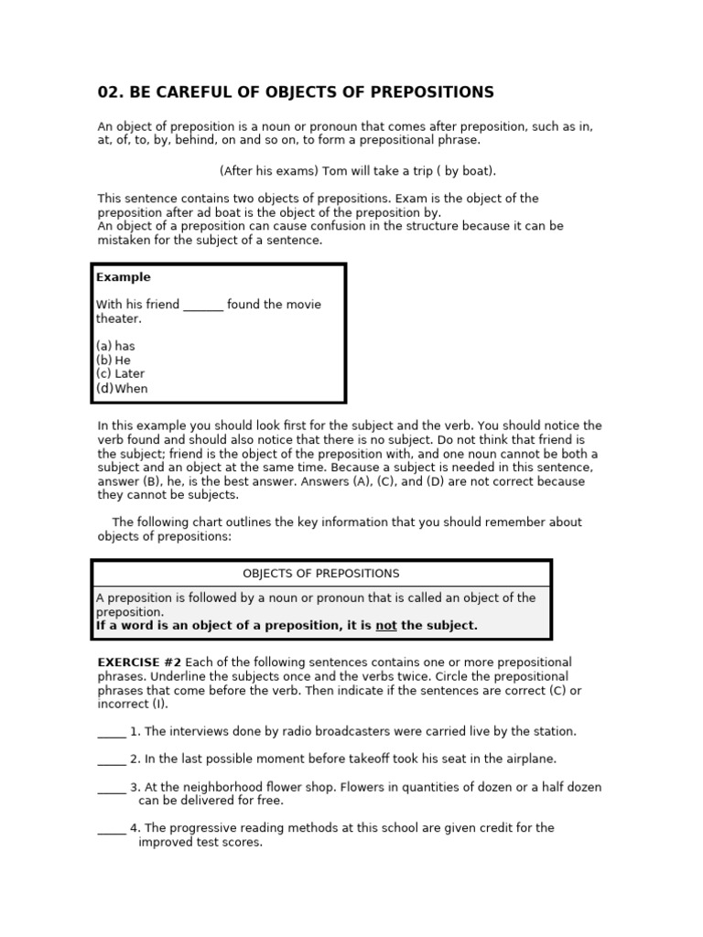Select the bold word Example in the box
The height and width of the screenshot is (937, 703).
click(124, 277)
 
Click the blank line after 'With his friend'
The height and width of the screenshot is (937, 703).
click(203, 306)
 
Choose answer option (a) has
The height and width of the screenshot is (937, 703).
click(115, 346)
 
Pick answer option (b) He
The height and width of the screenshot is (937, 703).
click(114, 360)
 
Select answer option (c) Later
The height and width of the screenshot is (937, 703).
click(121, 373)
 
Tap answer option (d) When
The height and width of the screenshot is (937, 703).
click(122, 388)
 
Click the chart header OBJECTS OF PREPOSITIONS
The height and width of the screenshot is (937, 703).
click(320, 574)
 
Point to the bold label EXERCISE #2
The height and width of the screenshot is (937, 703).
click(140, 662)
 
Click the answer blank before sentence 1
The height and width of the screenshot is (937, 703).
click(111, 732)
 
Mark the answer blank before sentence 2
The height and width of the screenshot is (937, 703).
click(111, 759)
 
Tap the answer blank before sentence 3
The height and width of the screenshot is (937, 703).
click(111, 787)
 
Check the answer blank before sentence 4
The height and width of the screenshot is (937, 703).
click(111, 828)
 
